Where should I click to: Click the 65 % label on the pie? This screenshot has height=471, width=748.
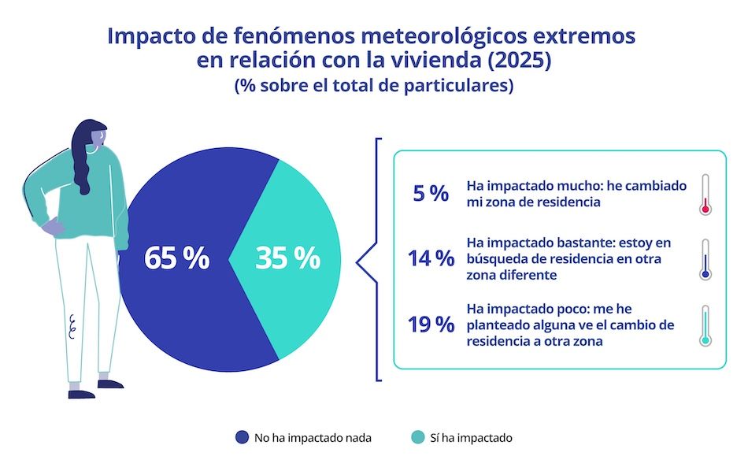tap(176, 258)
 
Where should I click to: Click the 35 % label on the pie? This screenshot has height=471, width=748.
tap(287, 258)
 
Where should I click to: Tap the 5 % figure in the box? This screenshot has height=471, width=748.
tap(431, 194)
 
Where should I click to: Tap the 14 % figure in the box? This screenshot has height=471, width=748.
tap(431, 258)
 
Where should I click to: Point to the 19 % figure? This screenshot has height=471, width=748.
tap(431, 324)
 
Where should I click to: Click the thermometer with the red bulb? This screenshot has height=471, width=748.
tap(705, 195)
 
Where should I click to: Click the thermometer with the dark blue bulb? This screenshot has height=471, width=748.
tap(705, 259)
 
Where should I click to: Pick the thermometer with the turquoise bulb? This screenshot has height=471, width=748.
tap(705, 325)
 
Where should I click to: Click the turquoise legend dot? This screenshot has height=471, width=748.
tap(417, 437)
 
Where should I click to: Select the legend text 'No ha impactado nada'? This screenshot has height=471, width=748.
tap(313, 438)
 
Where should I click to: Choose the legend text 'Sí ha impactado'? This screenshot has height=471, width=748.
tap(471, 438)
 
